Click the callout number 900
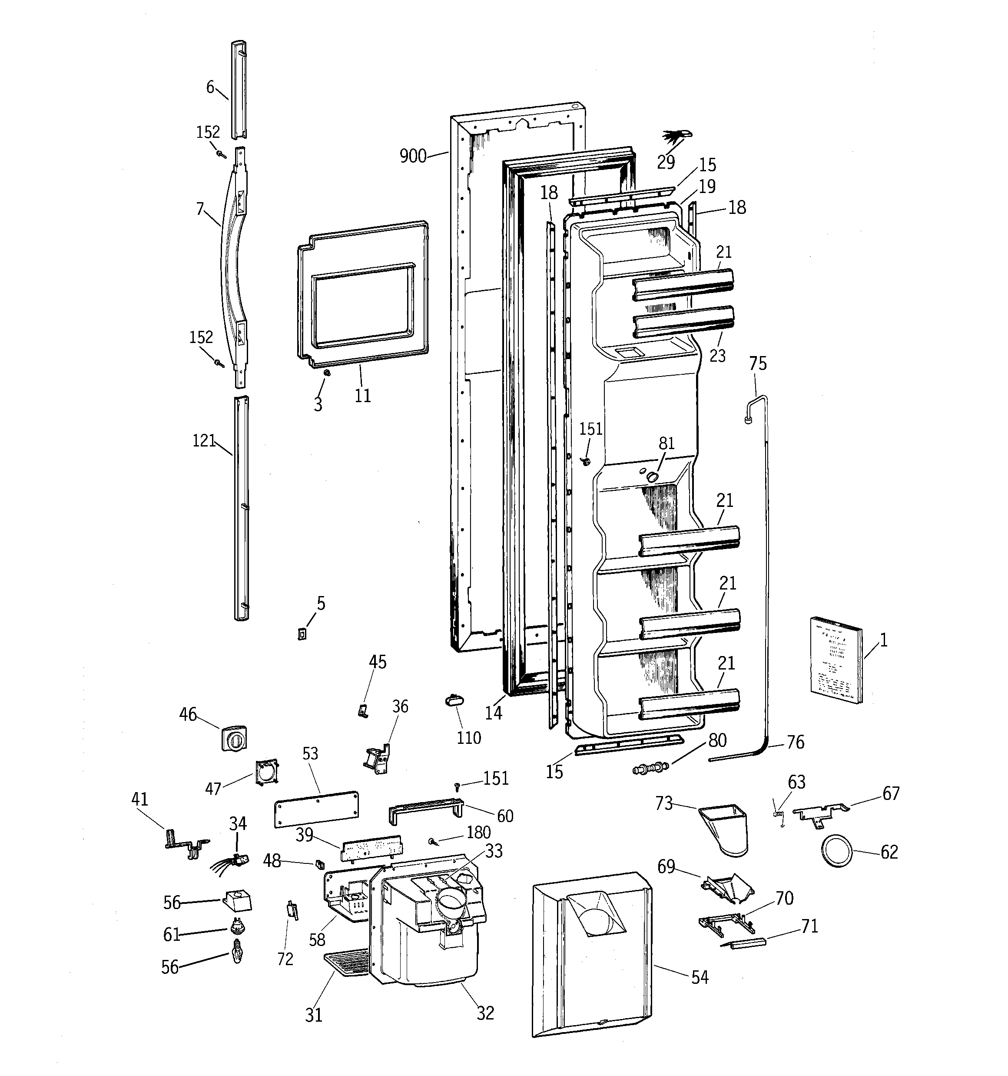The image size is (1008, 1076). [x=413, y=157]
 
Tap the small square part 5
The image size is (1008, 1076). [x=302, y=633]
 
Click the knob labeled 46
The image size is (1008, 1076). [x=234, y=738]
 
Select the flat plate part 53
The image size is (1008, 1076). [x=317, y=809]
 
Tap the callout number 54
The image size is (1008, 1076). [x=700, y=977]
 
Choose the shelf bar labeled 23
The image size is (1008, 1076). [x=684, y=323]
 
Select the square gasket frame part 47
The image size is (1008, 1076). [x=268, y=771]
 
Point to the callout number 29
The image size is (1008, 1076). [x=666, y=161]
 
